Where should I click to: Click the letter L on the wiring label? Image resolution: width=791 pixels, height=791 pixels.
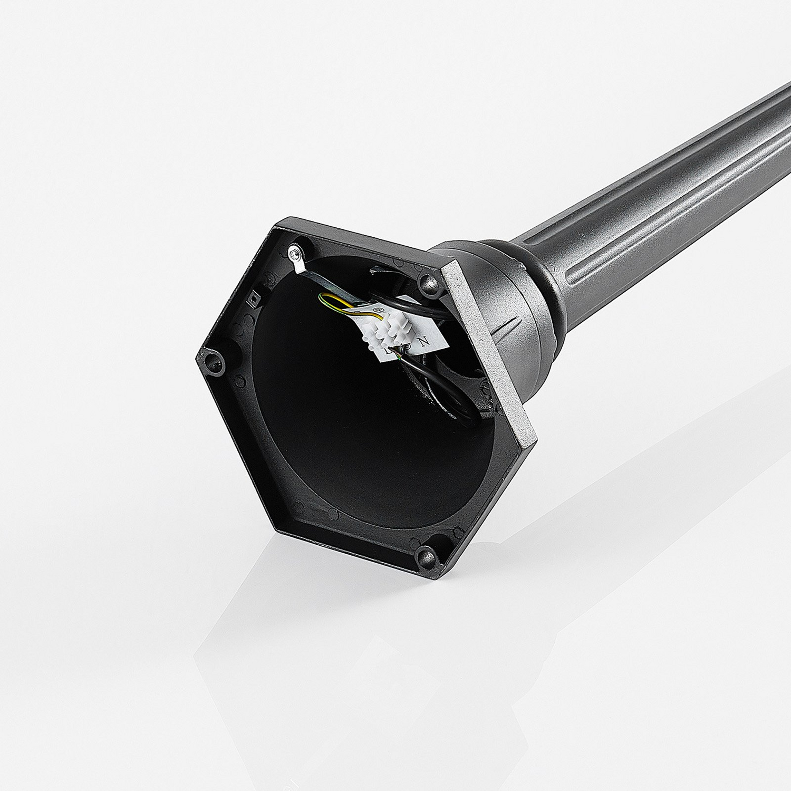point(389,351)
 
